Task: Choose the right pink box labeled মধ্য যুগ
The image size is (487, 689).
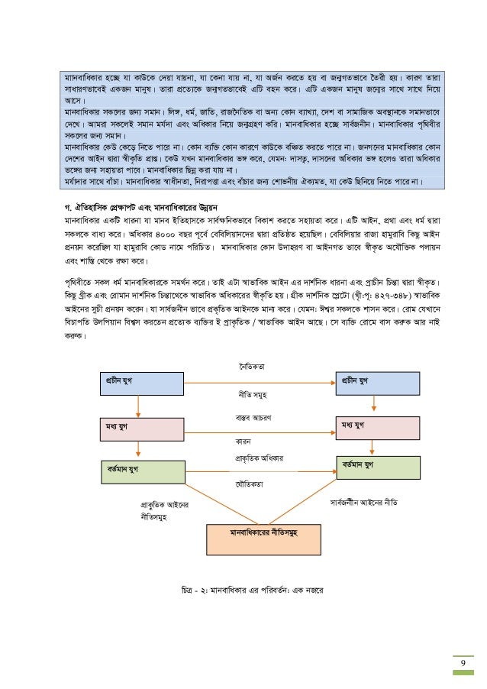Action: (x=377, y=428)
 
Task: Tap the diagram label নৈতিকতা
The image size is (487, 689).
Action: (x=253, y=367)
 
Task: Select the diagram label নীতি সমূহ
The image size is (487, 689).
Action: (x=253, y=396)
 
